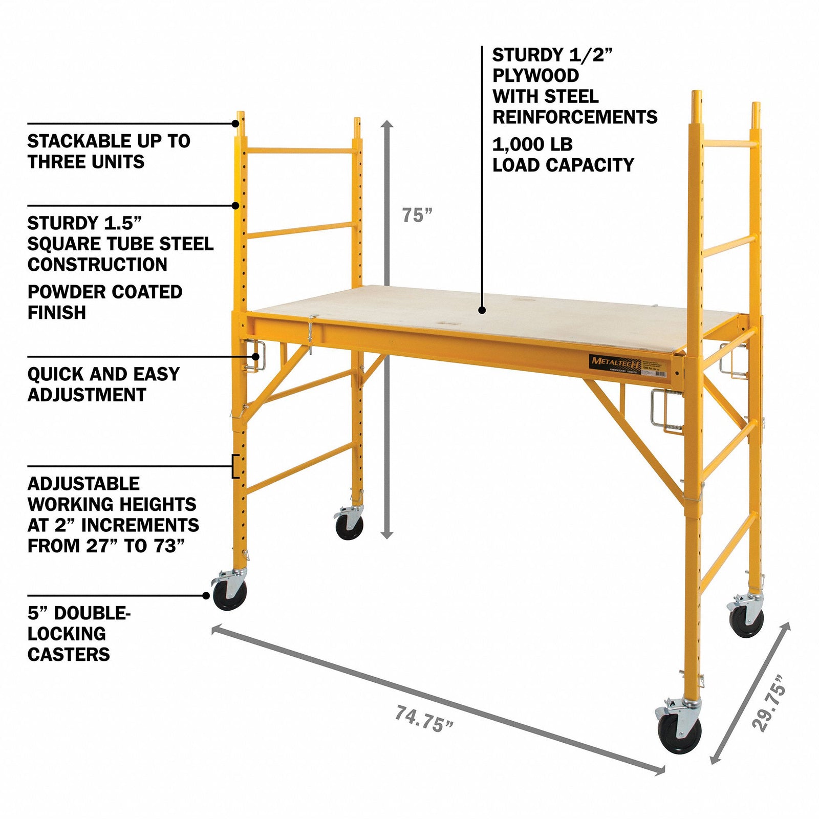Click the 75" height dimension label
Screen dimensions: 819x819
(x=417, y=215)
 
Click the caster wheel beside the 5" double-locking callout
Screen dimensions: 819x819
(x=229, y=594)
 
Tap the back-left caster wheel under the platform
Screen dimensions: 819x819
(x=350, y=524)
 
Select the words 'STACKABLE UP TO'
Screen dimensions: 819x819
(x=109, y=141)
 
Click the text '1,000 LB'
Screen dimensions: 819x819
(x=532, y=145)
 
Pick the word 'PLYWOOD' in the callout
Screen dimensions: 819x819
(x=535, y=76)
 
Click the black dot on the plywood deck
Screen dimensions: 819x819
(x=482, y=310)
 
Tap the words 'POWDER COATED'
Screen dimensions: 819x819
(x=105, y=292)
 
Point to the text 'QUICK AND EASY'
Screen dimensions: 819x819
(x=103, y=374)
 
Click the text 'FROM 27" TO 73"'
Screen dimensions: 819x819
(x=106, y=546)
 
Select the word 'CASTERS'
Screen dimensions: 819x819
(x=69, y=654)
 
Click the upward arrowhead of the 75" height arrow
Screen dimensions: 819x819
(x=387, y=124)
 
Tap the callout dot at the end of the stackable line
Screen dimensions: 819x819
(x=235, y=123)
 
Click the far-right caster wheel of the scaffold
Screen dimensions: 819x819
(x=747, y=619)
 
